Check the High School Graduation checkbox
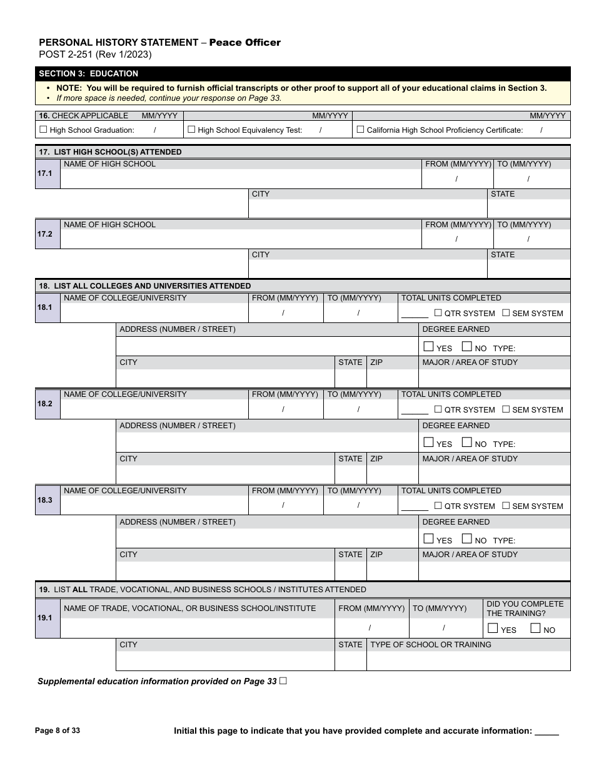tap(43, 130)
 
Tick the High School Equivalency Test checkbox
tap(191, 130)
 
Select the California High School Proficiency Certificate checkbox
tap(360, 130)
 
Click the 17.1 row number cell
tap(47, 173)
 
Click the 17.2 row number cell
tap(47, 234)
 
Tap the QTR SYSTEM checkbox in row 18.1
tap(438, 313)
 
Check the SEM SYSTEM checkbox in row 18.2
tap(506, 409)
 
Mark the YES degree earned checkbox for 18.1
tap(428, 347)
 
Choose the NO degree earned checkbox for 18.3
tap(466, 539)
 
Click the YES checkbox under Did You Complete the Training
tap(493, 629)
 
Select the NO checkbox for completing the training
tap(535, 629)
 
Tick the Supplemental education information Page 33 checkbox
tap(283, 680)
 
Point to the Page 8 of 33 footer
tap(58, 731)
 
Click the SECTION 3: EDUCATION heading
tap(89, 74)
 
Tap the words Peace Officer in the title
tap(244, 43)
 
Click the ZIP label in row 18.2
tap(376, 459)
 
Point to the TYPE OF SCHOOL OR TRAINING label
tap(431, 645)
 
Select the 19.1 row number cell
tap(47, 618)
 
